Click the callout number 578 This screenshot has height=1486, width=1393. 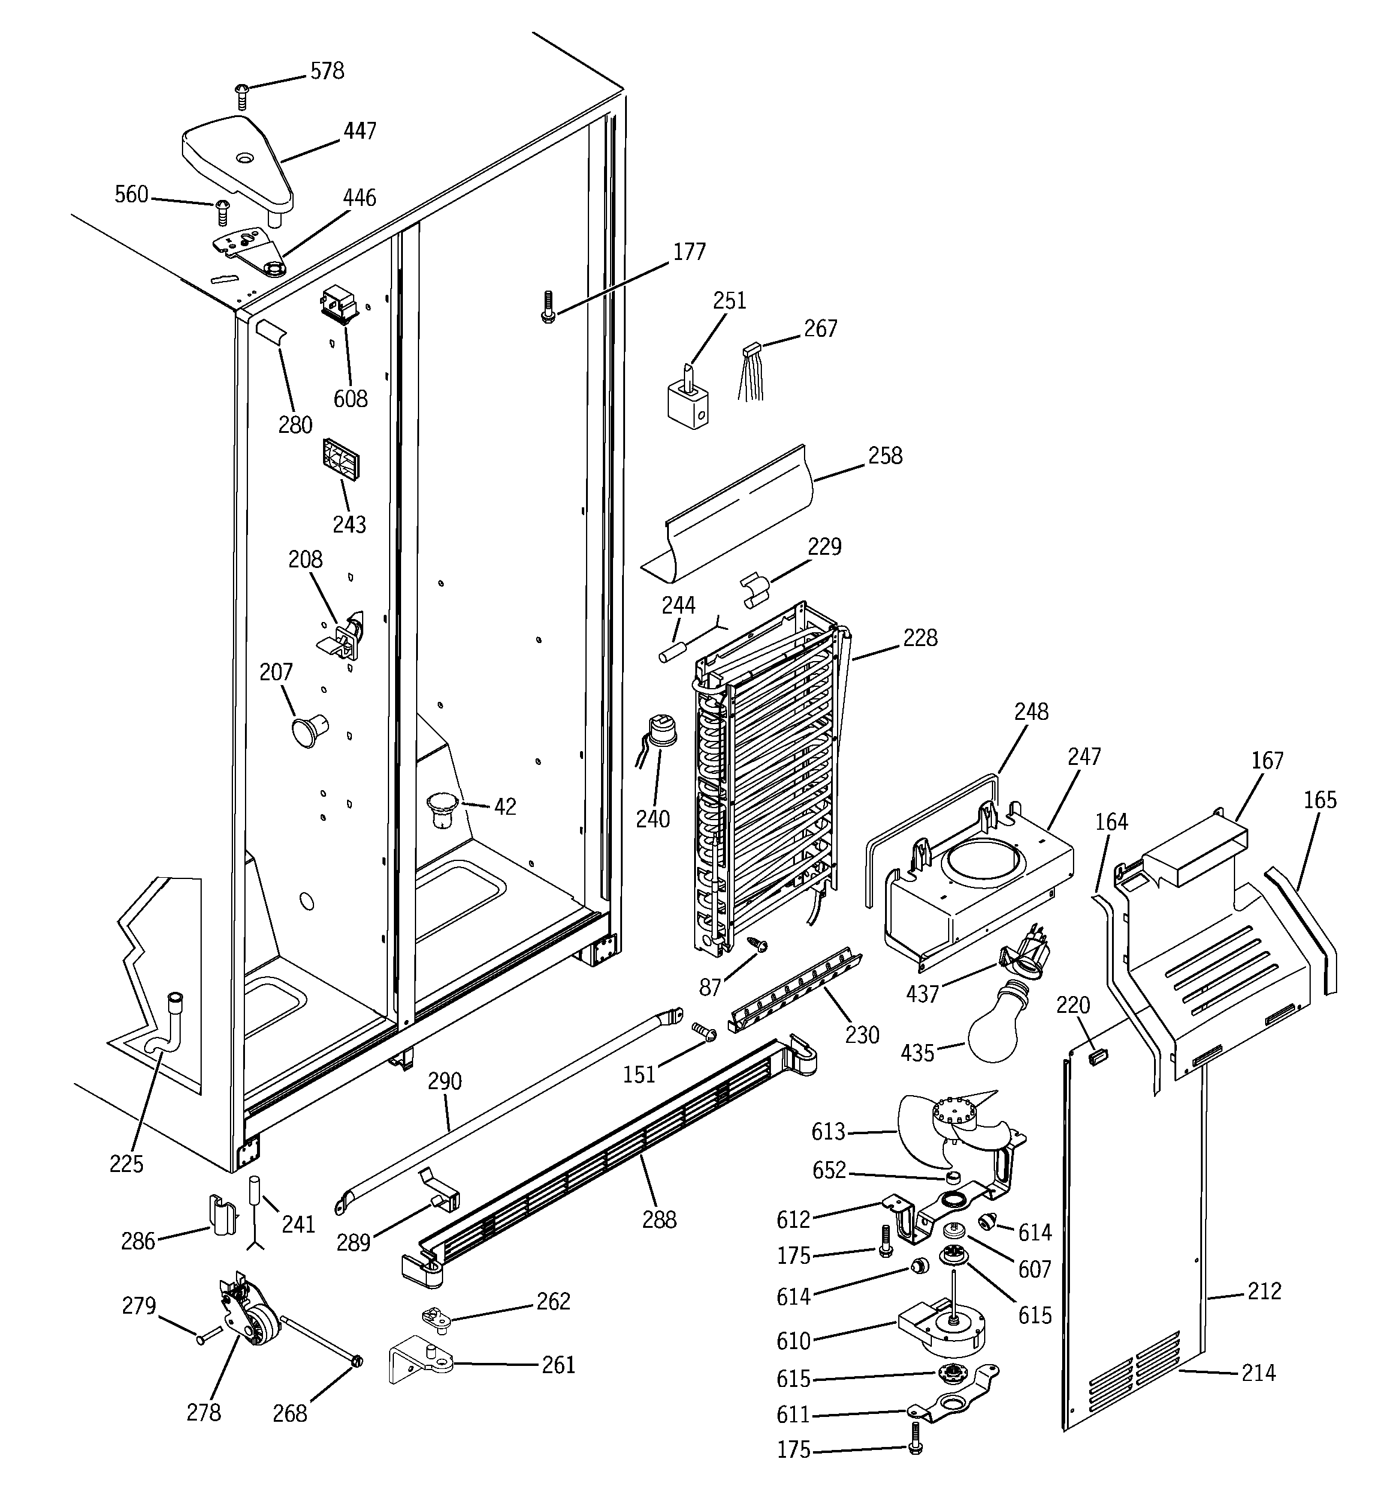[x=327, y=71]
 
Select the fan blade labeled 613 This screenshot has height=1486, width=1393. [x=927, y=1129]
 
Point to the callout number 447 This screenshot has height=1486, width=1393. [x=359, y=131]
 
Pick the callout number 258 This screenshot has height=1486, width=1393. [x=885, y=456]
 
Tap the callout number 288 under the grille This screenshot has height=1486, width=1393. [x=659, y=1220]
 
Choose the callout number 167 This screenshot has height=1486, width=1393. [x=1267, y=761]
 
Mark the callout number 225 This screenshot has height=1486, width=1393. [x=125, y=1164]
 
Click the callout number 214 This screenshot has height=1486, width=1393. [x=1259, y=1373]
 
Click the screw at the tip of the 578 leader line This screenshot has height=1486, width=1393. [x=241, y=95]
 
